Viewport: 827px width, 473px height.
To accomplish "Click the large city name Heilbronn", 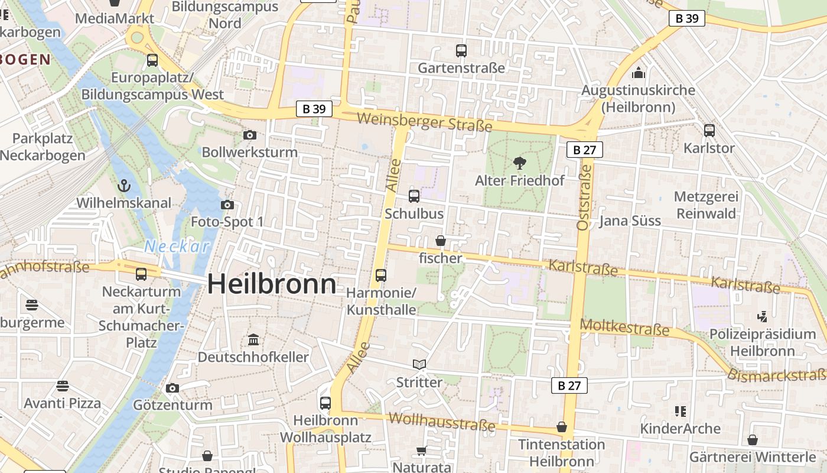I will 272,284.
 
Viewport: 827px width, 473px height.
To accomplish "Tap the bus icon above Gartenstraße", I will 461,51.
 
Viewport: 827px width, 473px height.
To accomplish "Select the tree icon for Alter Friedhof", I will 520,163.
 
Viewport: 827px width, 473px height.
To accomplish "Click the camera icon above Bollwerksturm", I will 250,135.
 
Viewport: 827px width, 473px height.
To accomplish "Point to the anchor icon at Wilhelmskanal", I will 123,186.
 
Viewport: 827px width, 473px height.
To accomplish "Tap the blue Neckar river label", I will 177,247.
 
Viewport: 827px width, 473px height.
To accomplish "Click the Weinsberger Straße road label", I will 424,122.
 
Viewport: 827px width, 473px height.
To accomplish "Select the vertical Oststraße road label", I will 584,197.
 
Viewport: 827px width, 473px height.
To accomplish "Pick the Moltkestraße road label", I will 624,328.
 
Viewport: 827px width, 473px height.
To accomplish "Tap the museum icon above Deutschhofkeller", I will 253,340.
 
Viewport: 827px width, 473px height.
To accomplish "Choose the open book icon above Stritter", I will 419,365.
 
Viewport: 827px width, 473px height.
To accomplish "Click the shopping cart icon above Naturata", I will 421,451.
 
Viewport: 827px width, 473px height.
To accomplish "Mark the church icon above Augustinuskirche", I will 638,73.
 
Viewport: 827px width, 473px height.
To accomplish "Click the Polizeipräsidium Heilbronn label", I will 763,342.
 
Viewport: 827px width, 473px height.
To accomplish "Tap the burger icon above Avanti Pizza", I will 63,386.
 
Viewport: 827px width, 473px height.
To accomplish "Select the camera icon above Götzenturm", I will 172,388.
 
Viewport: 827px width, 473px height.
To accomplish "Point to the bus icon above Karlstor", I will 709,131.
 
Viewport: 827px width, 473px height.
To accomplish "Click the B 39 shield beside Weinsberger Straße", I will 314,109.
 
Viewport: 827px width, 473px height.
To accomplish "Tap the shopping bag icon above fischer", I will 441,241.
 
